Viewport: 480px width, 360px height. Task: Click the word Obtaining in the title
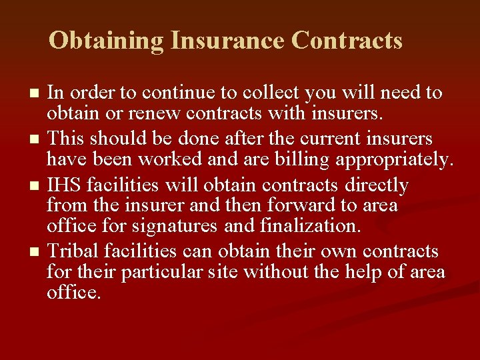[x=107, y=41]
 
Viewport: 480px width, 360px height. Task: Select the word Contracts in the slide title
[x=347, y=41]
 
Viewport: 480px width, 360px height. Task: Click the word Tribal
[x=73, y=251]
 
